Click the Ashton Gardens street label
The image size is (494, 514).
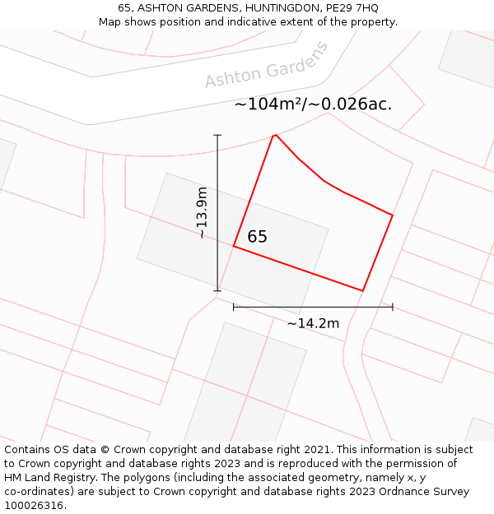pos(266,65)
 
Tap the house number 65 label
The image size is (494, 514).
pos(257,237)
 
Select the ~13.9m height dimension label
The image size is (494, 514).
pos(202,212)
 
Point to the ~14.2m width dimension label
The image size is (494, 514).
pos(313,323)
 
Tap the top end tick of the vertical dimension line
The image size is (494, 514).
pos(217,135)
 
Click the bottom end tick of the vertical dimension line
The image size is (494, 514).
pos(217,290)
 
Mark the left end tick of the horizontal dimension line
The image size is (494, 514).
pos(234,307)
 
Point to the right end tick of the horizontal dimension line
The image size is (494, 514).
pos(393,307)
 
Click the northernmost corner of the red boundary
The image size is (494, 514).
pos(274,135)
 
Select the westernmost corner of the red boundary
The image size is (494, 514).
pos(234,246)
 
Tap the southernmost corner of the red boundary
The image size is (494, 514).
pos(363,290)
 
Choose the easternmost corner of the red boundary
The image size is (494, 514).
pos(393,215)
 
